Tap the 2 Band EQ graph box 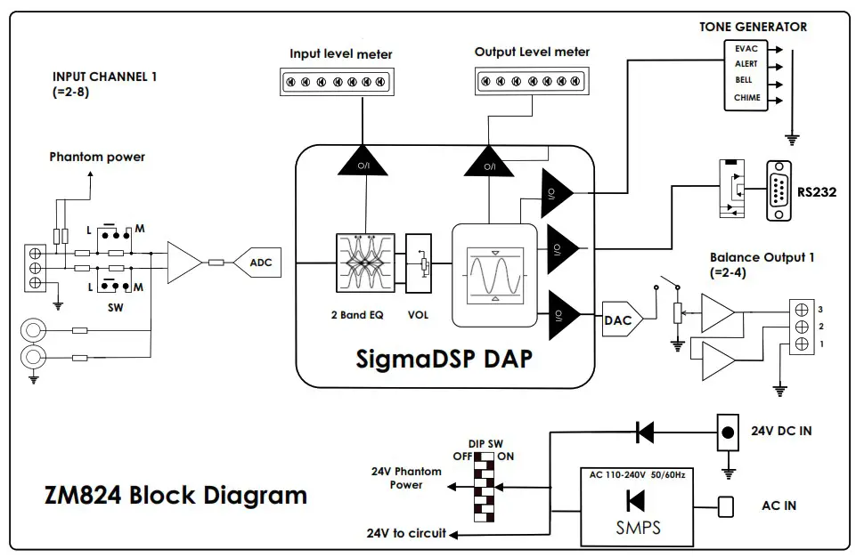(364, 263)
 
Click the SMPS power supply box (638, 506)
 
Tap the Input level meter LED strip (340, 82)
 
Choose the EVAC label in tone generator (746, 49)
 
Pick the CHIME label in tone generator (746, 97)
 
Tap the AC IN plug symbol (726, 506)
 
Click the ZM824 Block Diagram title (175, 495)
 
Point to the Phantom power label (97, 157)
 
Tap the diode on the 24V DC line (643, 433)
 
